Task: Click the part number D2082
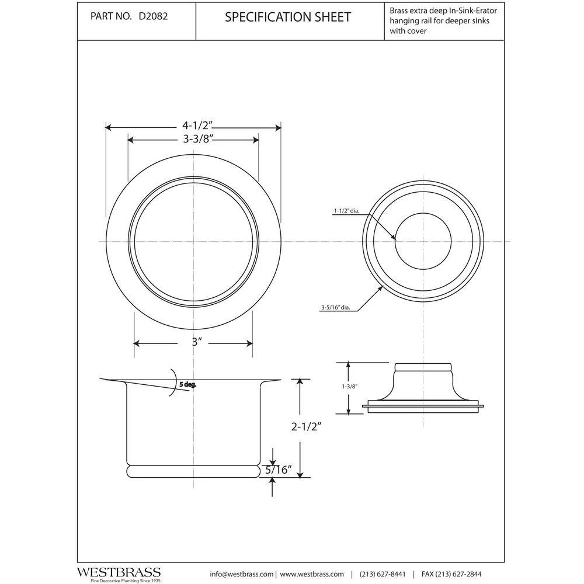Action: [154, 16]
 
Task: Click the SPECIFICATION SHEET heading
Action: [288, 17]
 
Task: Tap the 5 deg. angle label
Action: [188, 384]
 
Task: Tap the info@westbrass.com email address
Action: [241, 574]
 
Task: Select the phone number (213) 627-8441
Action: [383, 574]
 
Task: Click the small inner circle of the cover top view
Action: [423, 241]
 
